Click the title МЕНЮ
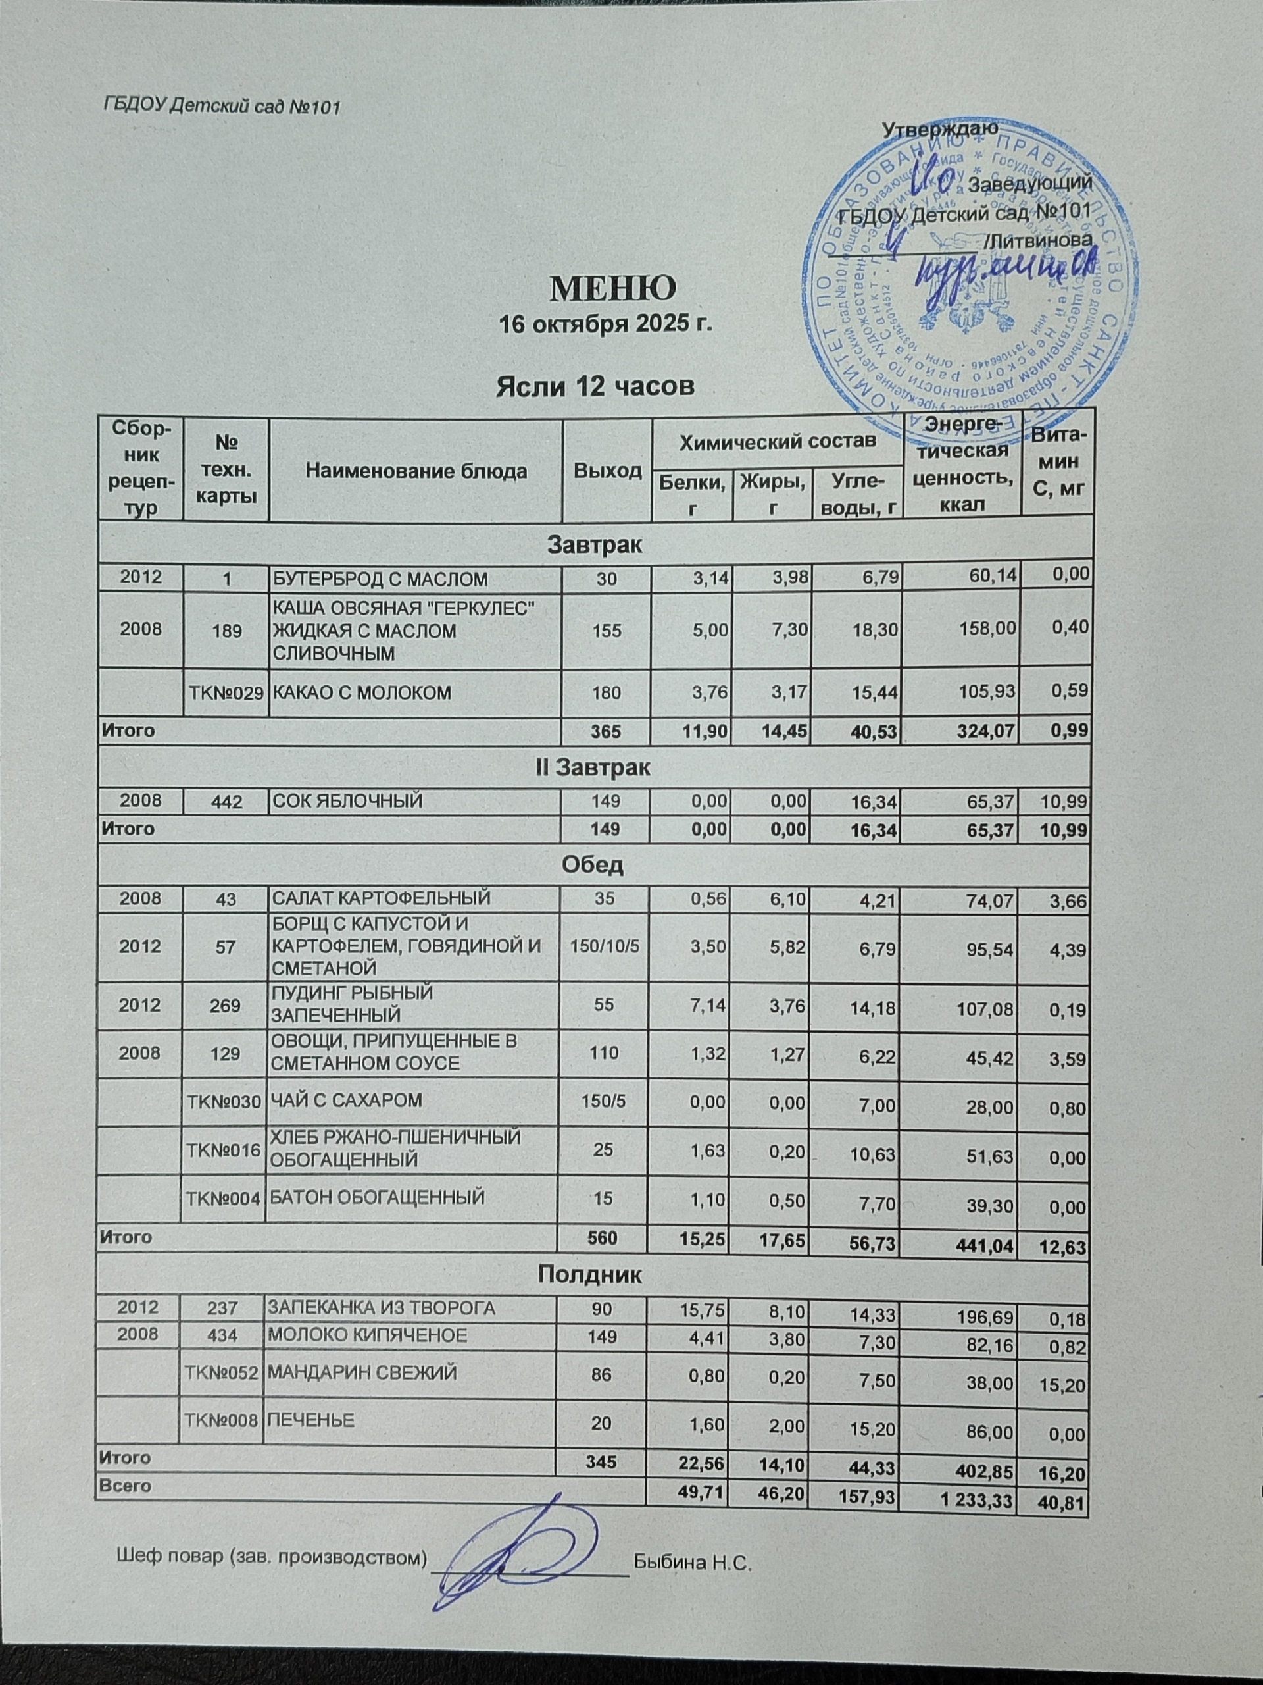[x=613, y=287]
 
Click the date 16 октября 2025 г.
[x=605, y=325]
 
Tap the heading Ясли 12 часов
[x=595, y=387]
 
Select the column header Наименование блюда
[x=416, y=471]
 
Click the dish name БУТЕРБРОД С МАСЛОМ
[x=380, y=580]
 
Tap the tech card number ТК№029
[x=226, y=693]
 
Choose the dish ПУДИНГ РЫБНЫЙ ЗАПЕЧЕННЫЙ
[x=353, y=1003]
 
